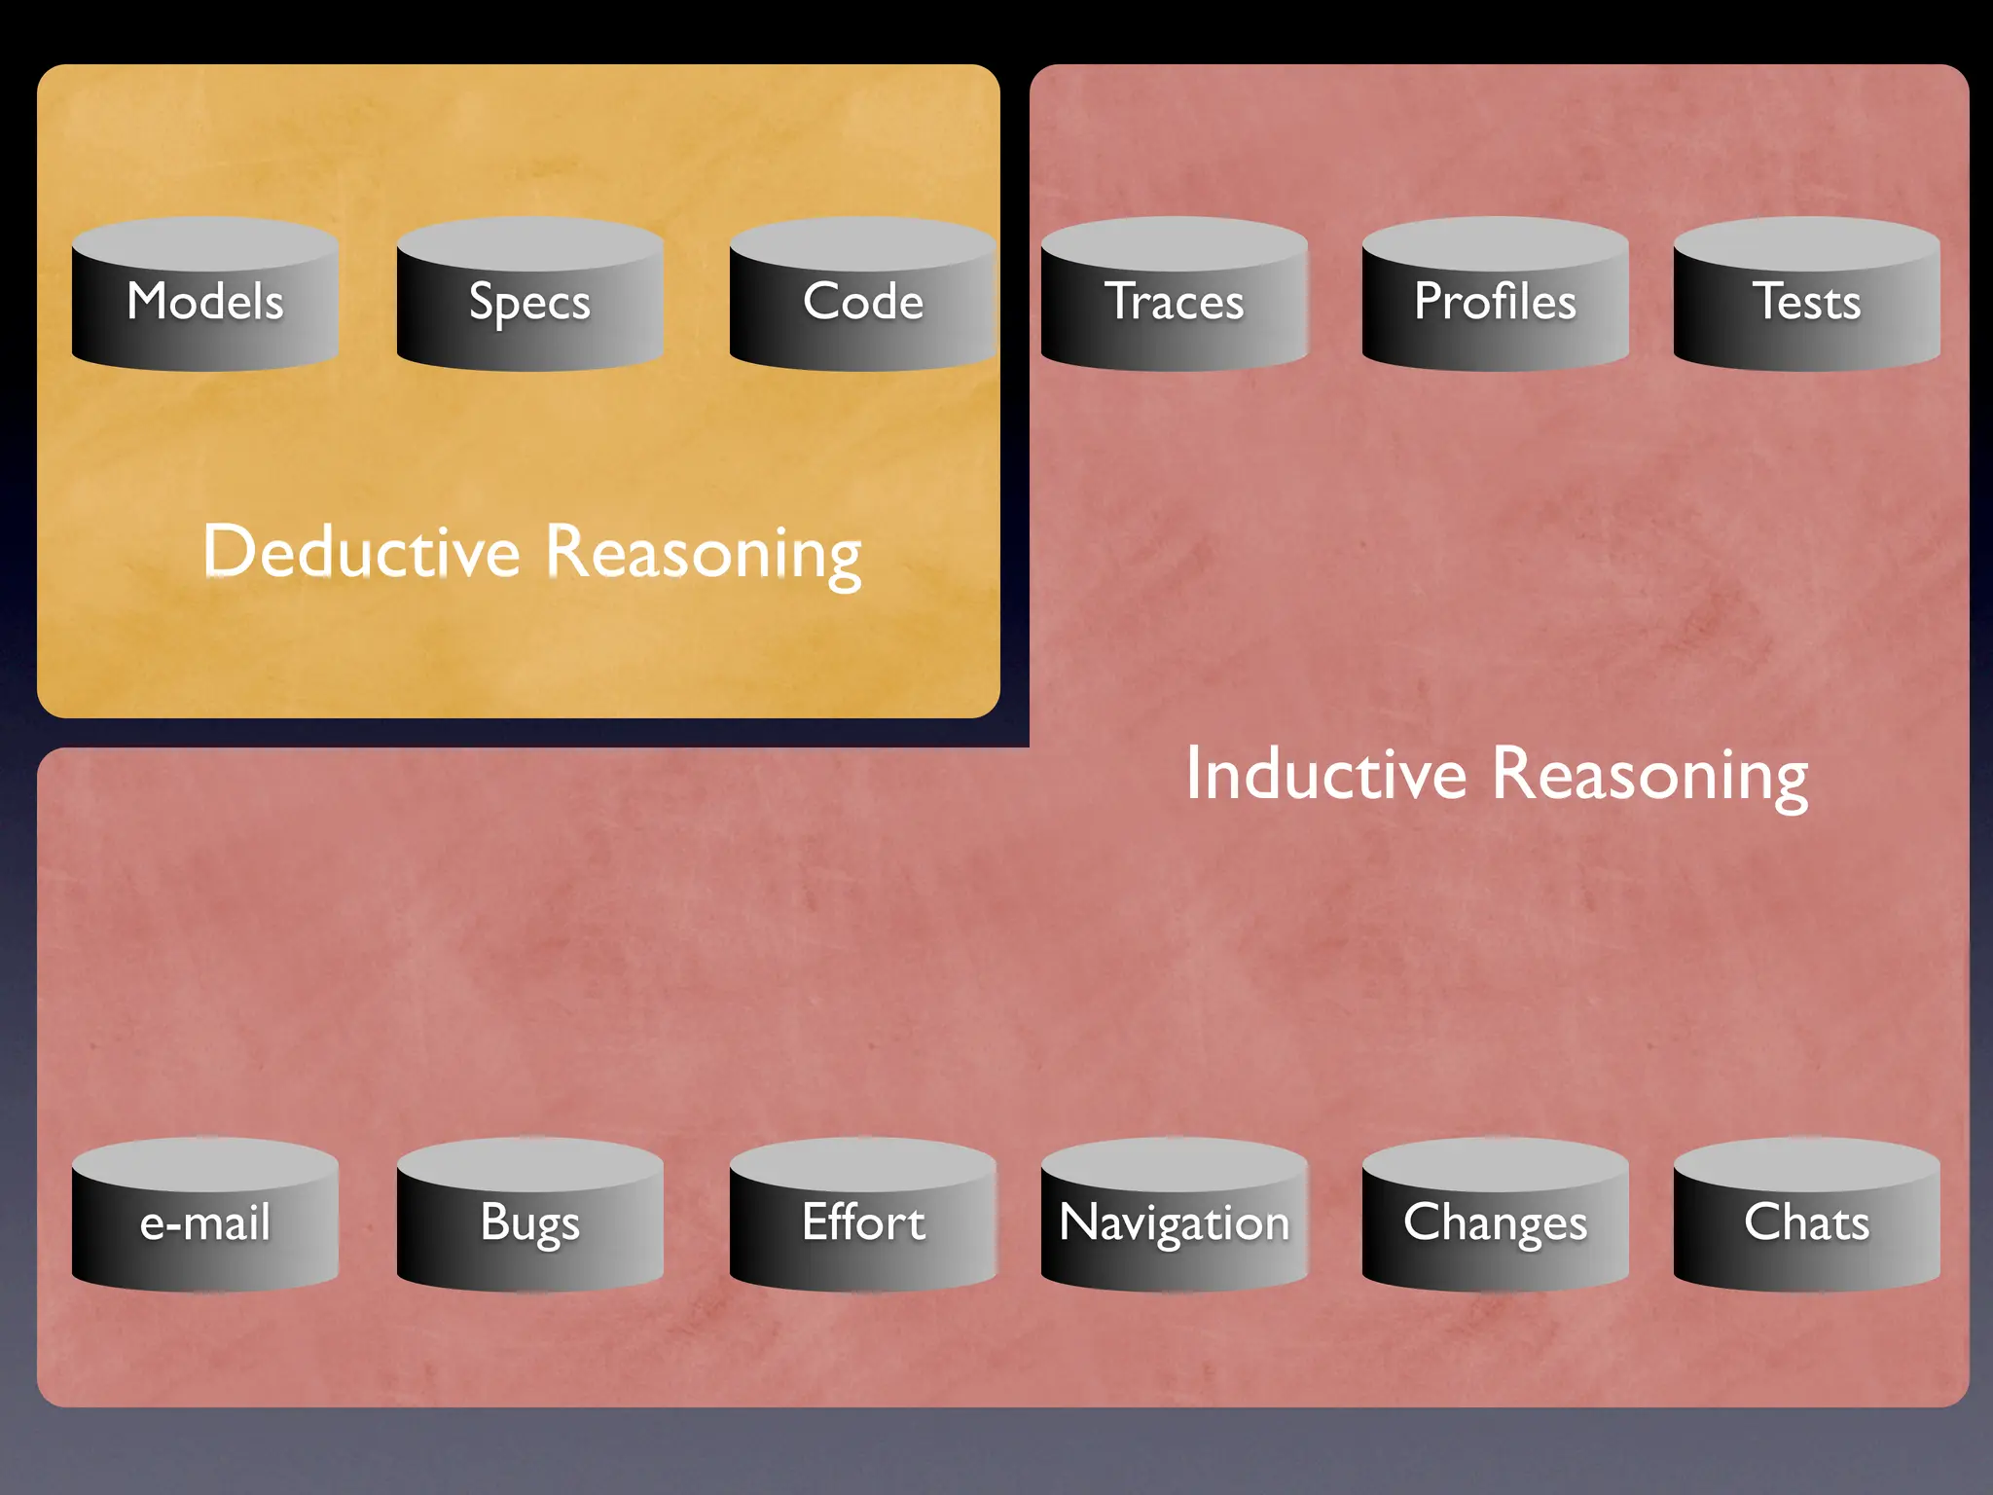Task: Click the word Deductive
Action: (x=362, y=552)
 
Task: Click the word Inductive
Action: (x=1325, y=775)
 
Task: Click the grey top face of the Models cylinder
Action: (x=205, y=241)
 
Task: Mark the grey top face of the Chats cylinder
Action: (x=1807, y=1162)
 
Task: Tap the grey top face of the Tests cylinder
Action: (x=1807, y=241)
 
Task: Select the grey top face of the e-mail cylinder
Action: (x=205, y=1162)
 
